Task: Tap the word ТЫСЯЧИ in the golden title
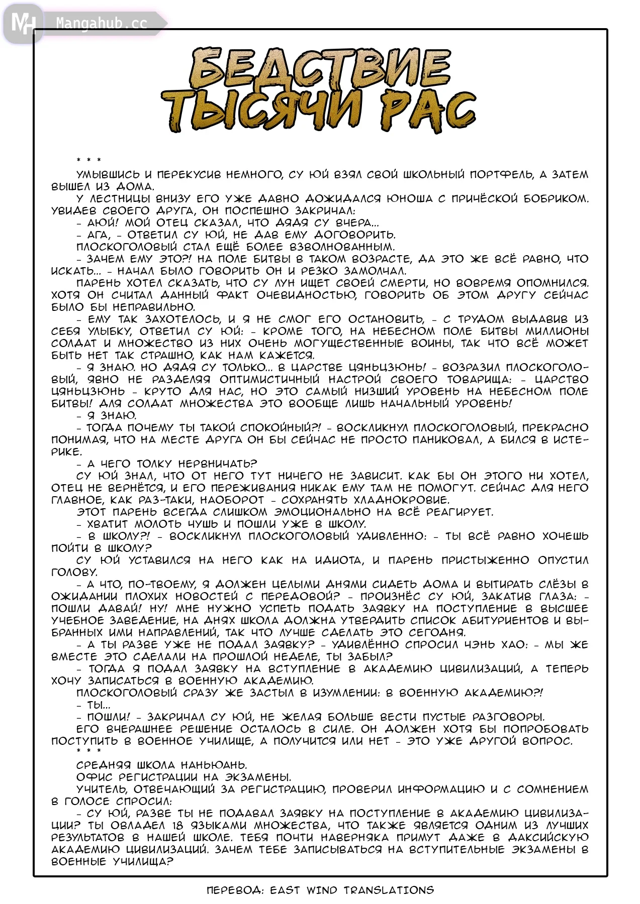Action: tap(261, 111)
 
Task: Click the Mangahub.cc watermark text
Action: tap(102, 23)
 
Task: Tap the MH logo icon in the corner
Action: tap(23, 23)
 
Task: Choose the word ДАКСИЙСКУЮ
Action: tap(548, 838)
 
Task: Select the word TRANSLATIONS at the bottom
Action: tap(389, 890)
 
